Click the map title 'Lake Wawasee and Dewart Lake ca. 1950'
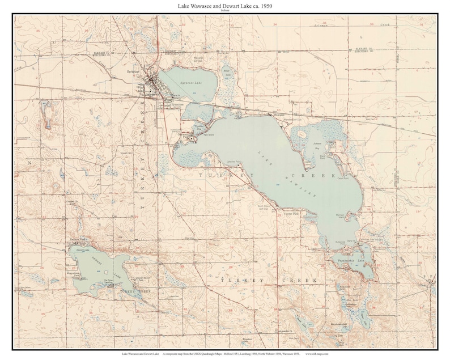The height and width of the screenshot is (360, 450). [225, 5]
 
